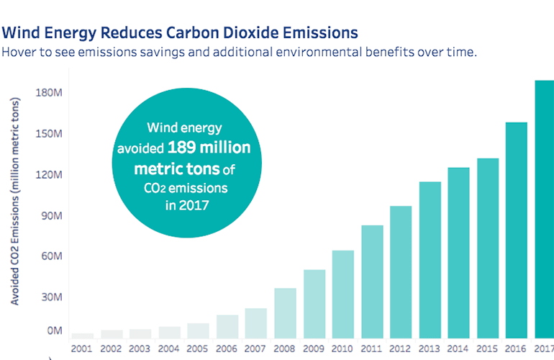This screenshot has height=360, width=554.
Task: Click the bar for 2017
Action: pyautogui.click(x=543, y=209)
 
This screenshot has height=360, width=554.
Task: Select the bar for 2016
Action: pyautogui.click(x=517, y=230)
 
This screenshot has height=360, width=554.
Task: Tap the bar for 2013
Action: pyautogui.click(x=430, y=259)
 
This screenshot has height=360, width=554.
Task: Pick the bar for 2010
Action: pyautogui.click(x=342, y=294)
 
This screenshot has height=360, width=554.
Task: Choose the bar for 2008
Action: pyautogui.click(x=285, y=312)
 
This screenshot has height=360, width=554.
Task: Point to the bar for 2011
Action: pyautogui.click(x=372, y=282)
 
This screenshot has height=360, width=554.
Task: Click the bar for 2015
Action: pyautogui.click(x=488, y=248)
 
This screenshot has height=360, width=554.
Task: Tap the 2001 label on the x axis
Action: pyautogui.click(x=83, y=348)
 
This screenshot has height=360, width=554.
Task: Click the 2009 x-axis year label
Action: pyautogui.click(x=314, y=348)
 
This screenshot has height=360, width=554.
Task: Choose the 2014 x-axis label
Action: pyautogui.click(x=458, y=348)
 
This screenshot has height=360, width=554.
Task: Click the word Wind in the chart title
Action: pyautogui.click(x=22, y=33)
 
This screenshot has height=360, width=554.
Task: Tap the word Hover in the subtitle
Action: pyautogui.click(x=20, y=53)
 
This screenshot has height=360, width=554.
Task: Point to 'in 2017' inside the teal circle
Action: pyautogui.click(x=185, y=204)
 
